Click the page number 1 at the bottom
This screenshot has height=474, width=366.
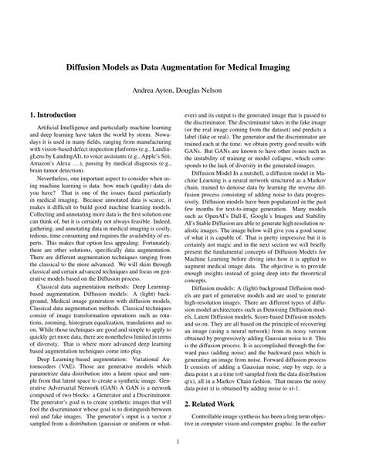click(183, 443)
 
